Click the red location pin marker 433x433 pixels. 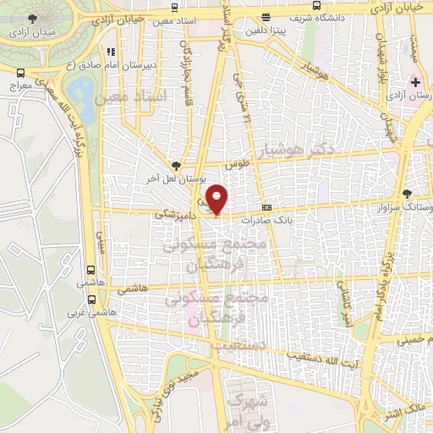pos(217,199)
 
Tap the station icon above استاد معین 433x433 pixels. pos(111,52)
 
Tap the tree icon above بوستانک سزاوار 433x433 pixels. pos(408,193)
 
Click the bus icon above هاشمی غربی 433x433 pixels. pos(90,297)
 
